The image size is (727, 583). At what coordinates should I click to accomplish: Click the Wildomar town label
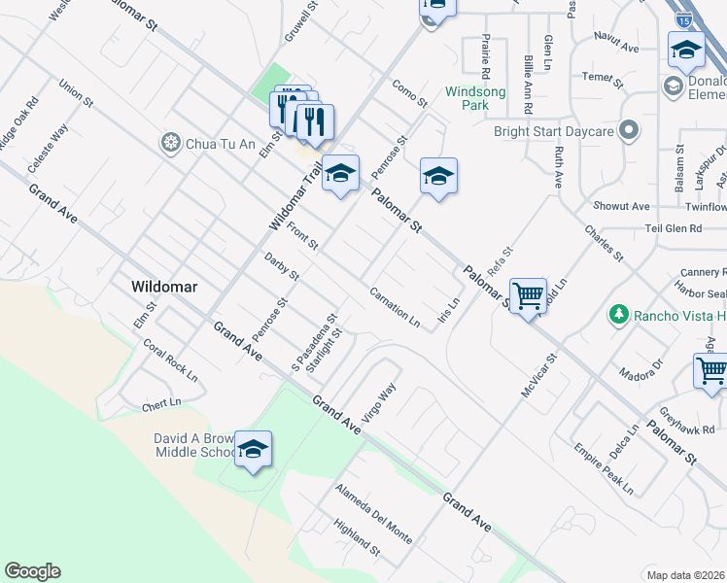165,288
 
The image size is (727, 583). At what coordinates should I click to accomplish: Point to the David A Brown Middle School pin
253,450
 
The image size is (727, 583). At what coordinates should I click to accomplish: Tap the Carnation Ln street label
395,307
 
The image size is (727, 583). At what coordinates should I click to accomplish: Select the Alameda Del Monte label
374,514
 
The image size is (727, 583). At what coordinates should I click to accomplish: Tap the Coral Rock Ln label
170,360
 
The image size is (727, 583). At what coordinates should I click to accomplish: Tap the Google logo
32,571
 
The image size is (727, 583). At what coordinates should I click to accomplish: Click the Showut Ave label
621,206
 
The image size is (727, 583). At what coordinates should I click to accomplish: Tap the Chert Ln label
161,402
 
